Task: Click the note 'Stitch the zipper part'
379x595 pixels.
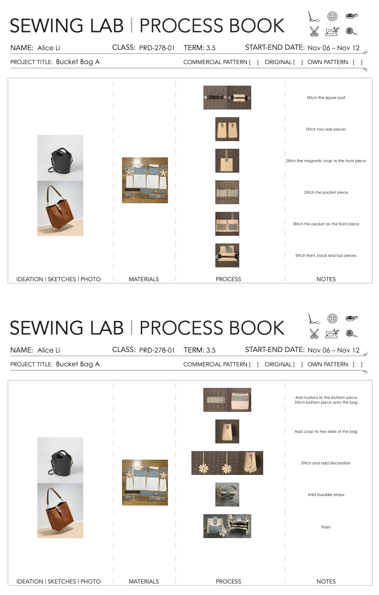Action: (326, 98)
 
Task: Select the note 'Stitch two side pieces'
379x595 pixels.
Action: (325, 129)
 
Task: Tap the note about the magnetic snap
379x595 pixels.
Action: (325, 161)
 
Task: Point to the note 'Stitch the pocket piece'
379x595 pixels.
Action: (326, 192)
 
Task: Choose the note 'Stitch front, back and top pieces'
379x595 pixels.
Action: (325, 255)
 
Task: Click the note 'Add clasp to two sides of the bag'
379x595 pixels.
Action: (325, 431)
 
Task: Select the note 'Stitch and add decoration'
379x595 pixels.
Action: (325, 463)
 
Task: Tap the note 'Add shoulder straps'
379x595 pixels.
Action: (326, 495)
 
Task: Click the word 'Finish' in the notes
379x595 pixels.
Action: (325, 527)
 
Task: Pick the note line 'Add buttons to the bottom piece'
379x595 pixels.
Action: (326, 397)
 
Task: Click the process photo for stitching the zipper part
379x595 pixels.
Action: (227, 98)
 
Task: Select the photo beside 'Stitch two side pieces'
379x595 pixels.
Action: (227, 129)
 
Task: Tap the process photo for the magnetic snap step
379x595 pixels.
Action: (227, 161)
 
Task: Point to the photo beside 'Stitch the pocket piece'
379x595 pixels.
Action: (227, 192)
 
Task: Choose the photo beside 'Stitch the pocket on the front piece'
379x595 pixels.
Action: (227, 224)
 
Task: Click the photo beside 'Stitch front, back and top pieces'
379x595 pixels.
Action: (227, 255)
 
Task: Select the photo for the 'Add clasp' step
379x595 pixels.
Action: (227, 431)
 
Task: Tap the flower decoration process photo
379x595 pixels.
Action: (227, 463)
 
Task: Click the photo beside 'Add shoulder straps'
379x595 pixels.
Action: (227, 495)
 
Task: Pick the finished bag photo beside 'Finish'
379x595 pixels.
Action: (227, 526)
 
